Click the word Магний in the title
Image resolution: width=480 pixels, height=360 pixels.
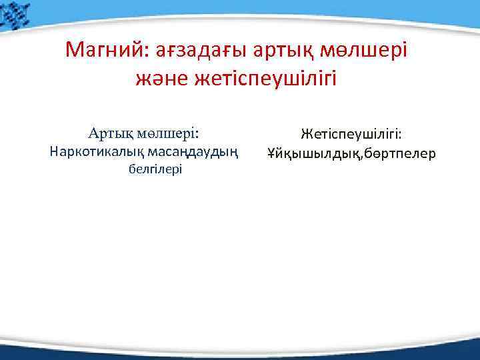click(x=108, y=50)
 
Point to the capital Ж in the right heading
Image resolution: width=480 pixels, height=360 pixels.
click(x=305, y=135)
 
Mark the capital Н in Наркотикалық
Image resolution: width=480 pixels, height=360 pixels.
click(x=55, y=151)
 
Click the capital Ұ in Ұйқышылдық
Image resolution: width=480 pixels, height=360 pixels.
click(x=271, y=154)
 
